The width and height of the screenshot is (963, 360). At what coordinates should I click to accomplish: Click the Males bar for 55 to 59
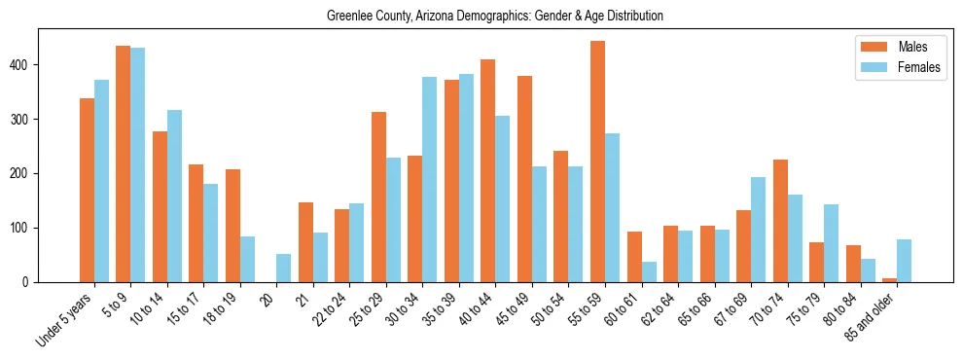click(597, 162)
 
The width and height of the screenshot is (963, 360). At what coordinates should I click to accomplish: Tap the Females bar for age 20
click(283, 268)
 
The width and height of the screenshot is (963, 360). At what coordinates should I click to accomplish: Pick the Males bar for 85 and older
click(889, 280)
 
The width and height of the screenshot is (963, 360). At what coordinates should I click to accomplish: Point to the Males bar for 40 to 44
click(487, 170)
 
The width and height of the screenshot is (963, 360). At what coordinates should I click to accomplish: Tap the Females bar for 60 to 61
click(649, 271)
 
